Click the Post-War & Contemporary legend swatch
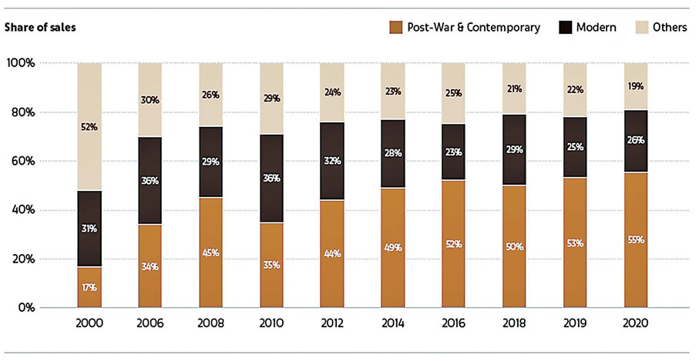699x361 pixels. pos(398,28)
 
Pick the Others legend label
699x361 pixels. pos(669,28)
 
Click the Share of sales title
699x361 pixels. pos(39,28)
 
